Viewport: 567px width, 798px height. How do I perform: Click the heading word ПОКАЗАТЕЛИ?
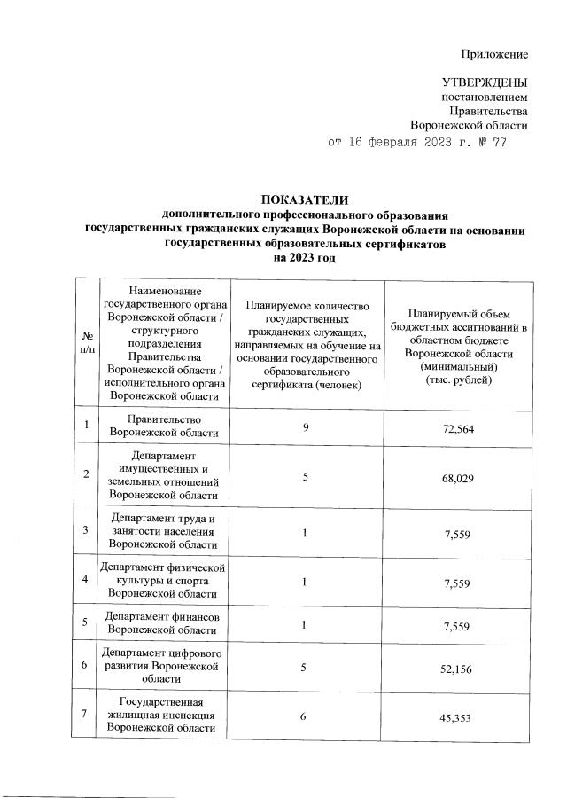click(306, 199)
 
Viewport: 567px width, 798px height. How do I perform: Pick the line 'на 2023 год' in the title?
click(306, 257)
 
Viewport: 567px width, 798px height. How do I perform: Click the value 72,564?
click(461, 428)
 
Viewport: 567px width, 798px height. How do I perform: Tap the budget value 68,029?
click(461, 477)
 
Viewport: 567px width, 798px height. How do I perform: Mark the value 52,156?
click(461, 669)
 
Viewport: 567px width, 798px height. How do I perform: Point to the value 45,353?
click(461, 718)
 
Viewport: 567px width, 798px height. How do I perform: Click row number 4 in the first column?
click(86, 579)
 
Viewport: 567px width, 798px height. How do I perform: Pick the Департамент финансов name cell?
click(162, 622)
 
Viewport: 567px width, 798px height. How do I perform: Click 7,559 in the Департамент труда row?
click(461, 531)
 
